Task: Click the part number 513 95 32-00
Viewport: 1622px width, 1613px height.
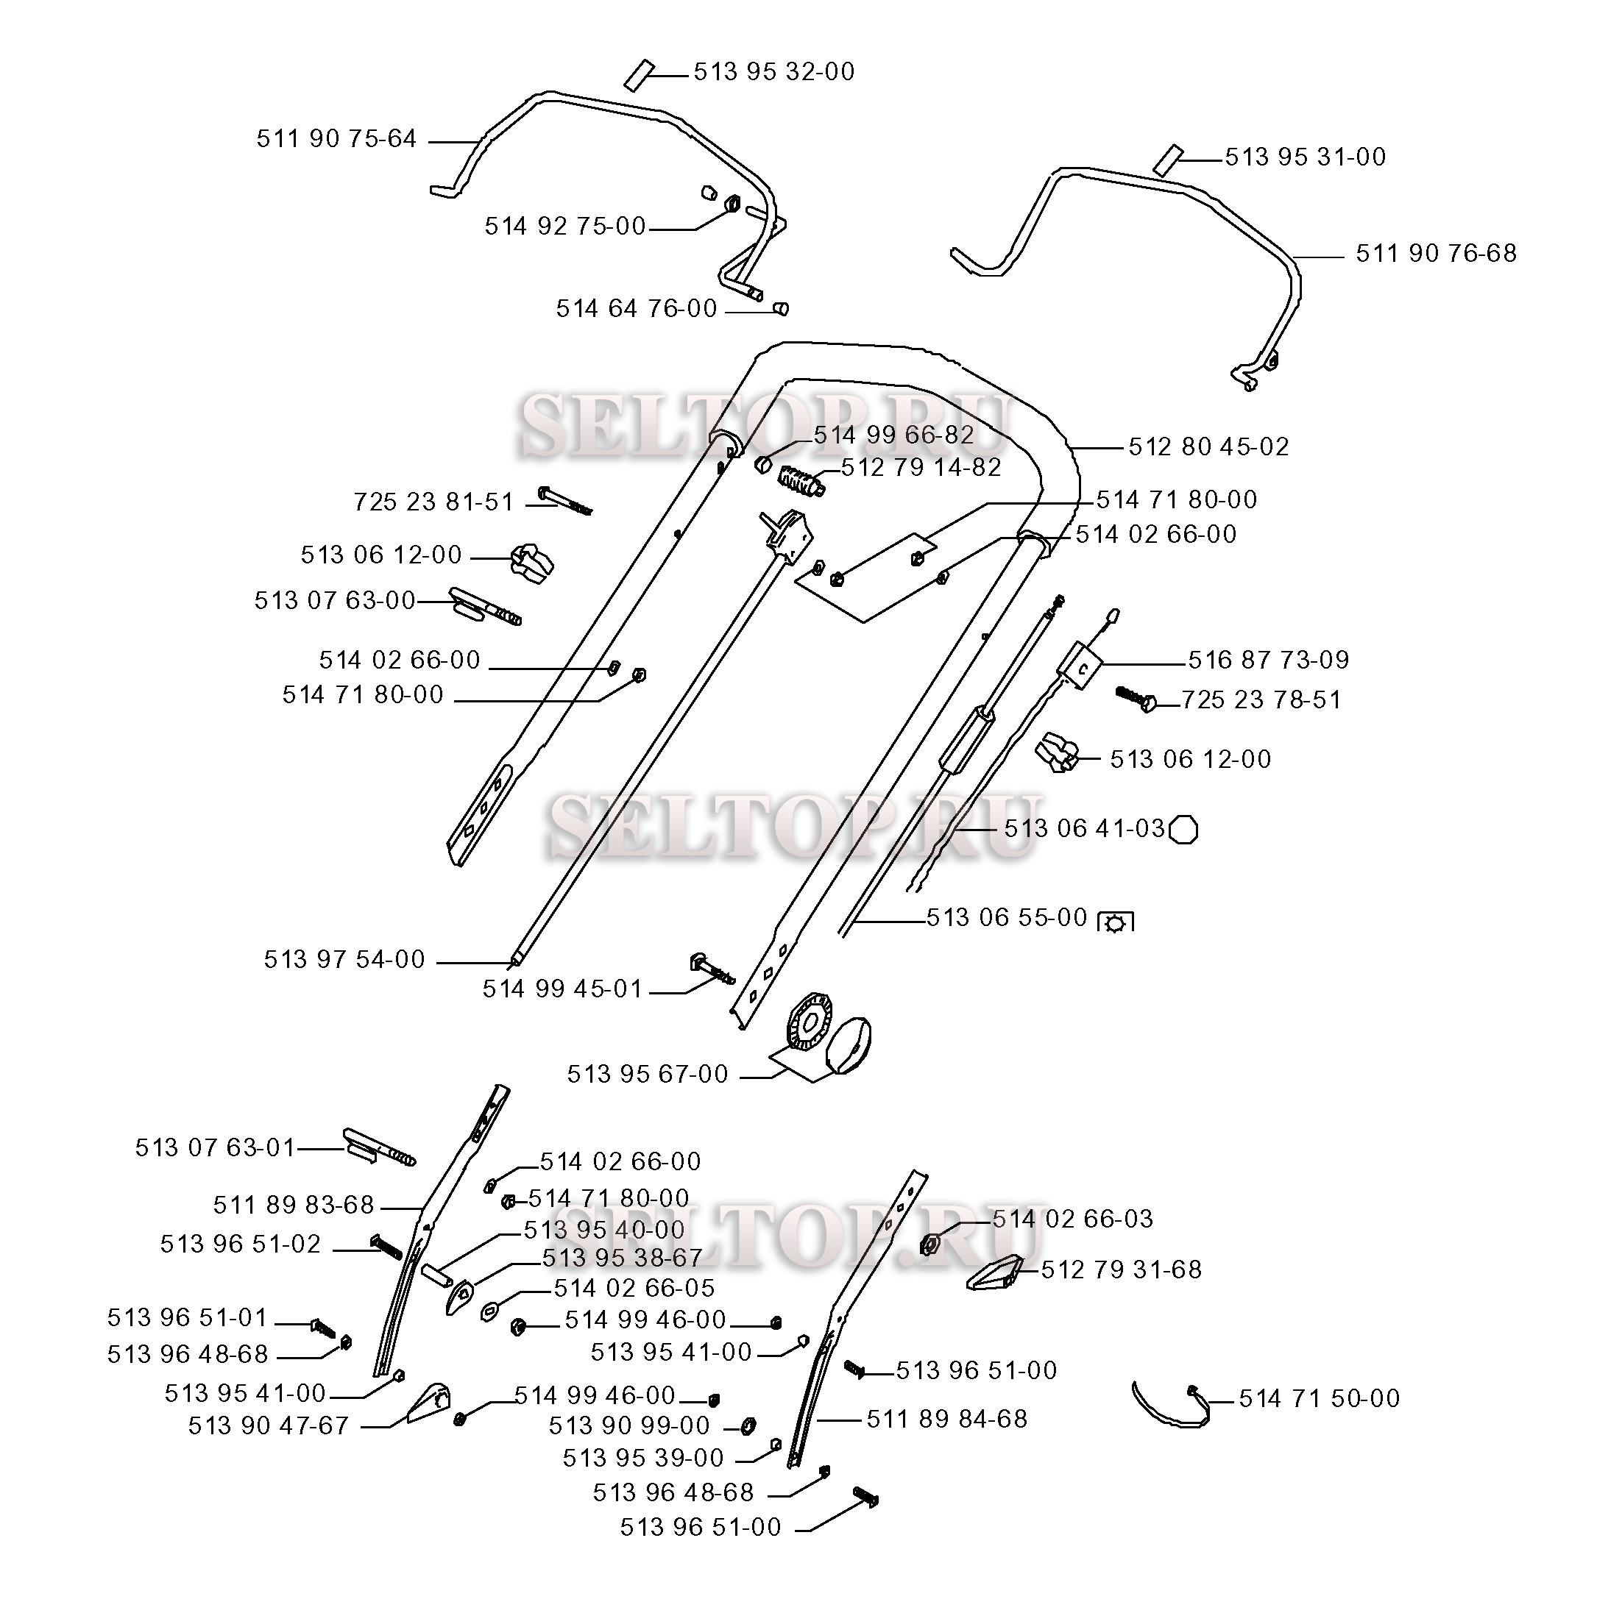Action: point(773,72)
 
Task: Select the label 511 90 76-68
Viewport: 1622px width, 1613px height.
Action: point(1436,254)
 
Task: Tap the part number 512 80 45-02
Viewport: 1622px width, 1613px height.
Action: point(1207,447)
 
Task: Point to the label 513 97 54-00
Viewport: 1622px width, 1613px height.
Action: point(344,959)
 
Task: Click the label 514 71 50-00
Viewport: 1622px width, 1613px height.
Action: point(1319,1399)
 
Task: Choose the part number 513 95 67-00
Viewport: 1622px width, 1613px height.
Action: point(648,1074)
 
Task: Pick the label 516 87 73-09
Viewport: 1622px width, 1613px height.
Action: point(1268,660)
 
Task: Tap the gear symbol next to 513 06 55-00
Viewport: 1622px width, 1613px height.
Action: point(1116,922)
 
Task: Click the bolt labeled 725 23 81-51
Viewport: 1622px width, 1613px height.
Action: point(564,499)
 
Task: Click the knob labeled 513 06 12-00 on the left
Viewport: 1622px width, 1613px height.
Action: point(532,561)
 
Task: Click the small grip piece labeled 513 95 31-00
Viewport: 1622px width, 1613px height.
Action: point(1168,160)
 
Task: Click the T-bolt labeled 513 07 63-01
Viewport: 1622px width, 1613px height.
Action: point(378,1147)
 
